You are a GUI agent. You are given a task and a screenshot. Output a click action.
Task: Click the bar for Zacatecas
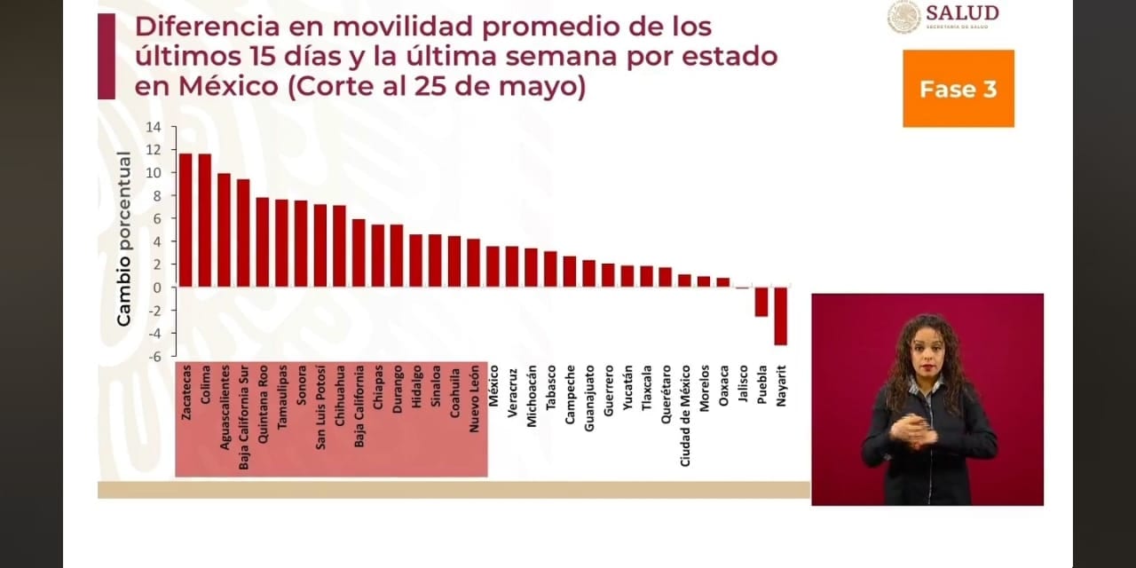coord(185,219)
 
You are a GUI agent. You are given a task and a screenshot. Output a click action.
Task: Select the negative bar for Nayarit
coord(780,315)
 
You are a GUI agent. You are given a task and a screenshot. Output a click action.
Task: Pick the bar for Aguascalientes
coord(224,230)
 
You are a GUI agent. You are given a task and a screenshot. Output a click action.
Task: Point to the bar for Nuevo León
coord(474,263)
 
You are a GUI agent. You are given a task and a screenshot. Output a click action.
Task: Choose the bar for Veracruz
coord(512,266)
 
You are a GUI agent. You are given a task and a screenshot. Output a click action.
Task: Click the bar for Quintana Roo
coord(263,241)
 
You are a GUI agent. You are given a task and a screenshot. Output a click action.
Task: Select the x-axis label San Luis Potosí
coord(320,406)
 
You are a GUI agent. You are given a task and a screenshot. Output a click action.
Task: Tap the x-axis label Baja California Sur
coord(243,416)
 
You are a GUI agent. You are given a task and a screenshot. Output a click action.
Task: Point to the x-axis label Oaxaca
coord(724,386)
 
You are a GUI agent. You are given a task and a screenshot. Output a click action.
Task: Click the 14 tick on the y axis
coord(154,127)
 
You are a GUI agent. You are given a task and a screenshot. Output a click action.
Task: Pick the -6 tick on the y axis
coord(154,356)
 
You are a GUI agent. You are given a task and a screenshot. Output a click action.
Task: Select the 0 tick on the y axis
coord(157,288)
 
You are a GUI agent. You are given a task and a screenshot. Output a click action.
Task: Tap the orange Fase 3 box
coord(958,89)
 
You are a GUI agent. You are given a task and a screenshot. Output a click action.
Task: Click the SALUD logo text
coord(962,13)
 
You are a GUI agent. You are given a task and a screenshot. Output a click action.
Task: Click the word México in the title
coord(174,88)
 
